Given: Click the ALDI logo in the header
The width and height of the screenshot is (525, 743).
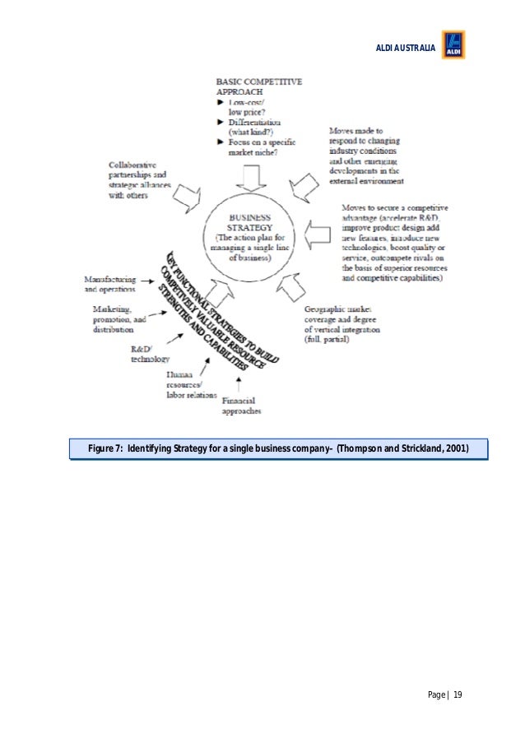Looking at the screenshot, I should (453, 44).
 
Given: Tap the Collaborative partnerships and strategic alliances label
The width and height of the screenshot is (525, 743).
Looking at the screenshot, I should (140, 180).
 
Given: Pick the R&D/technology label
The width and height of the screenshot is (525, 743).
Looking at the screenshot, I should (150, 354).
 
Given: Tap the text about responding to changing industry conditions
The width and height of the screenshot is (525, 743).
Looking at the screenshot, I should (366, 156).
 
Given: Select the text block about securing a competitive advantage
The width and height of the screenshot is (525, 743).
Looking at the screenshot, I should (393, 244).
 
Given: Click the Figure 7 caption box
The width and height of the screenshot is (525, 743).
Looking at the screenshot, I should (278, 448).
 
